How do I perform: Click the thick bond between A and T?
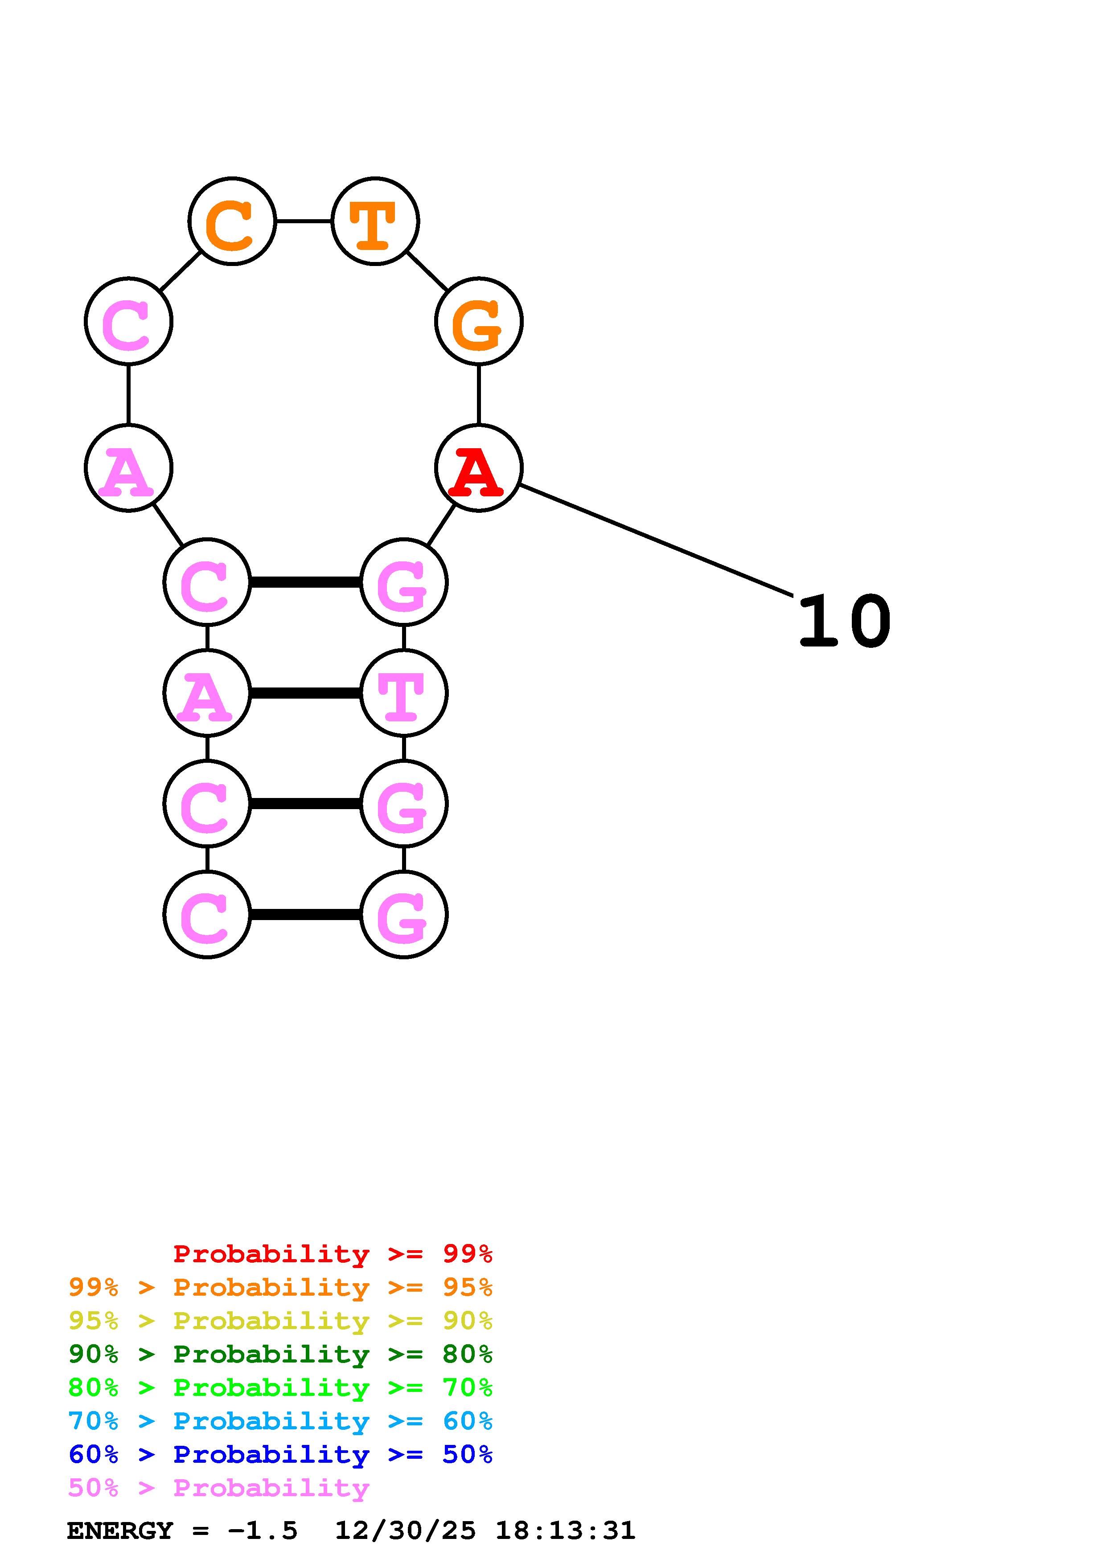[x=305, y=693]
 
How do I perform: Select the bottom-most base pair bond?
[x=305, y=914]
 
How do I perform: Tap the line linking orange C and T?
[x=303, y=221]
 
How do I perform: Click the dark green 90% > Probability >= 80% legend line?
[x=280, y=1354]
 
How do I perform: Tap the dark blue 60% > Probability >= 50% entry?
[x=280, y=1454]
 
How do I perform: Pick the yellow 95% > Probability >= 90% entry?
[x=280, y=1321]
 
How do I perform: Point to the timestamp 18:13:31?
[x=565, y=1530]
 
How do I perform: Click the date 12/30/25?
[x=405, y=1530]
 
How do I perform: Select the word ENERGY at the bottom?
[x=120, y=1530]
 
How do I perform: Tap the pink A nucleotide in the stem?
[x=207, y=693]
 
